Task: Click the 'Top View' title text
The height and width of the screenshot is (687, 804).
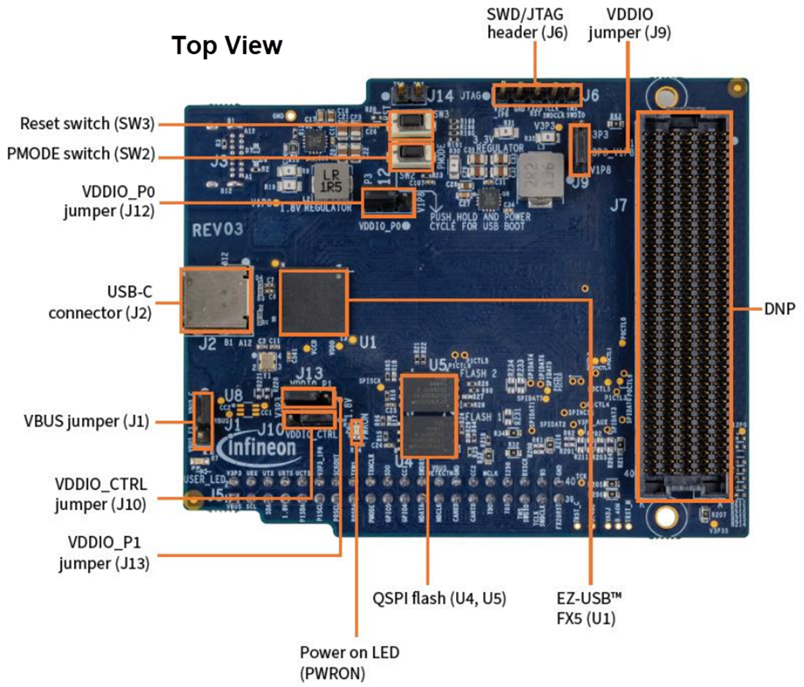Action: pos(227,45)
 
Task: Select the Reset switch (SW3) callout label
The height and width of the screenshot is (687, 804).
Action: pos(87,124)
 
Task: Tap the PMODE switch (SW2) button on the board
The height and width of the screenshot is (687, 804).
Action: pos(410,156)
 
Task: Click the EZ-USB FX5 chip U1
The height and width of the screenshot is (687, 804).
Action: pos(314,302)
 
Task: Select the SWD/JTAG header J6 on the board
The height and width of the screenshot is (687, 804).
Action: pos(536,94)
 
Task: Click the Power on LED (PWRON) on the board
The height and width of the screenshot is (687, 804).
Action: pos(357,432)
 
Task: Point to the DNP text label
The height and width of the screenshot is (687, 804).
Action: pos(778,308)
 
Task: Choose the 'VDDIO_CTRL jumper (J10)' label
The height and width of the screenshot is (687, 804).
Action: pos(101,494)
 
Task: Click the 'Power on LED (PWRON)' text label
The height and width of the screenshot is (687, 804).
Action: pos(349,661)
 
